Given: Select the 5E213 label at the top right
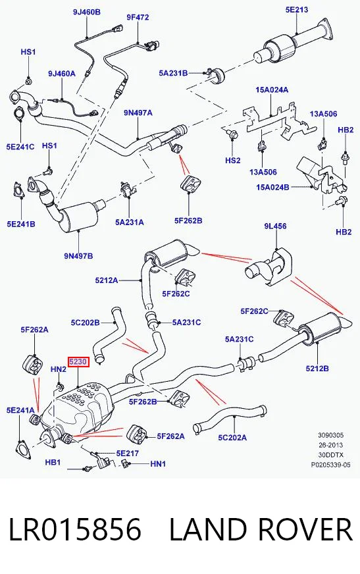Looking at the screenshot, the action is (297, 9).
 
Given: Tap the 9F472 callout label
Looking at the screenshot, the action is (138, 17).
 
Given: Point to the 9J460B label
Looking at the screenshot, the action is (87, 12).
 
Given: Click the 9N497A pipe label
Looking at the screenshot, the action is (138, 113).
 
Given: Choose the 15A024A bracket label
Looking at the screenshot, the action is (272, 90).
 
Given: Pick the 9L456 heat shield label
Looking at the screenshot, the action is (275, 226).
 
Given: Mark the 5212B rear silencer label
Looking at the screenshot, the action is (317, 368).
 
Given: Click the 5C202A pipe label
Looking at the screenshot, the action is (232, 437).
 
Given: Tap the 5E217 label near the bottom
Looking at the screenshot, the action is (128, 453).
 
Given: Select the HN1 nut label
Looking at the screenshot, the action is (158, 464).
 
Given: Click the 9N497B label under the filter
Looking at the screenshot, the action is (79, 256).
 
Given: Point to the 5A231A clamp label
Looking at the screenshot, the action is (130, 222).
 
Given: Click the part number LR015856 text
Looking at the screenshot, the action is (74, 529).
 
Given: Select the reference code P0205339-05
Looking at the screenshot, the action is (331, 465).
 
